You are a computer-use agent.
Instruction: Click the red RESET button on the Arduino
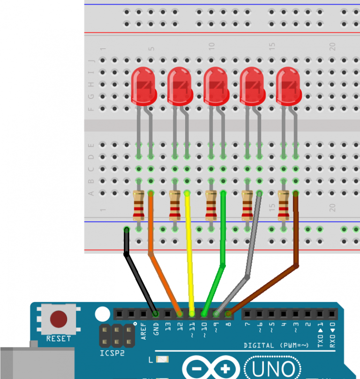point(59,319)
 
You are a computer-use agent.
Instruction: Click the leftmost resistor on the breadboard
point(138,205)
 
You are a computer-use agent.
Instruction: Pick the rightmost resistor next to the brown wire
point(283,205)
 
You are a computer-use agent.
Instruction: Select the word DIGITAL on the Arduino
point(259,346)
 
